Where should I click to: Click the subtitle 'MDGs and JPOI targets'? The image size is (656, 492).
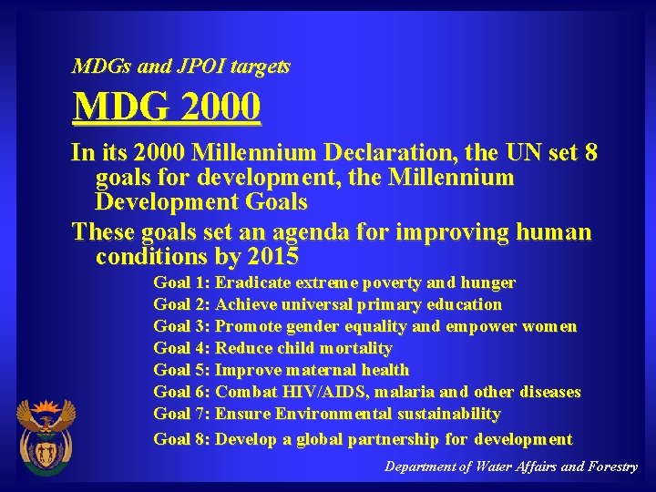click(181, 67)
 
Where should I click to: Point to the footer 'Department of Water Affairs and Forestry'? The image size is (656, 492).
click(510, 466)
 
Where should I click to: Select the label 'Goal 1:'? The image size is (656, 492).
click(182, 283)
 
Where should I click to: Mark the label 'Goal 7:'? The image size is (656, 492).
click(182, 414)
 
